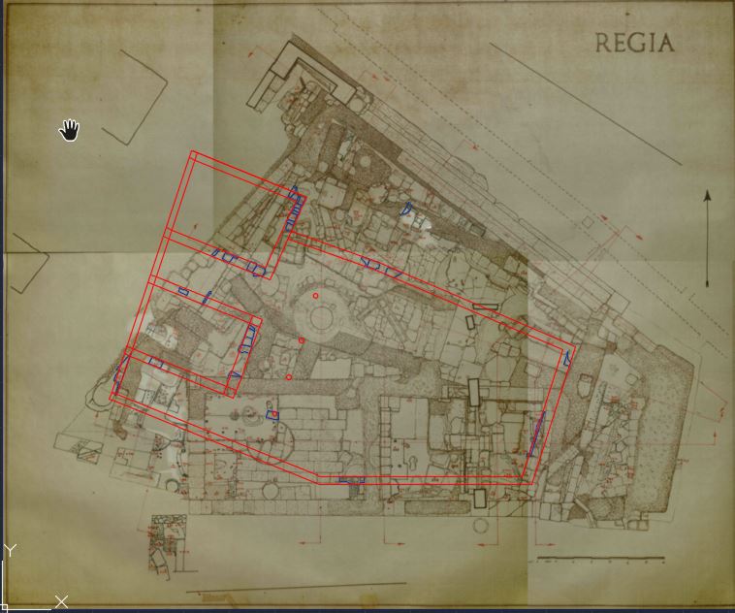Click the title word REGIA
pyautogui.click(x=634, y=43)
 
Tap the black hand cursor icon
pyautogui.click(x=70, y=130)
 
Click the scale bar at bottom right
pyautogui.click(x=600, y=560)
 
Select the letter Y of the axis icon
pyautogui.click(x=10, y=551)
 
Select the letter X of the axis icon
pyautogui.click(x=61, y=602)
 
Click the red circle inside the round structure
pyautogui.click(x=315, y=296)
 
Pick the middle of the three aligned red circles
pyautogui.click(x=302, y=340)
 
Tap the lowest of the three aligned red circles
pyautogui.click(x=289, y=376)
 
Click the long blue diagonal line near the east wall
pyautogui.click(x=536, y=433)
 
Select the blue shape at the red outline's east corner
pyautogui.click(x=567, y=359)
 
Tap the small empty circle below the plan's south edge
pyautogui.click(x=482, y=526)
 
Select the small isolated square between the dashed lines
pyautogui.click(x=587, y=222)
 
